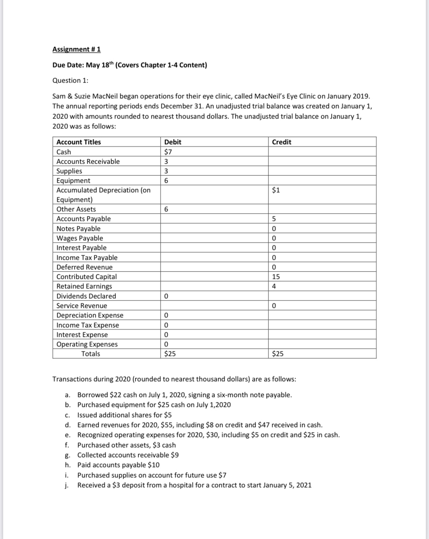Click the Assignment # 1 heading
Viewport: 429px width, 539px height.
76,49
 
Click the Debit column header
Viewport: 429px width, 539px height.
173,142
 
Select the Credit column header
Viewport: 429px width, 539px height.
282,142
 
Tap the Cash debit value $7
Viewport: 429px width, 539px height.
168,152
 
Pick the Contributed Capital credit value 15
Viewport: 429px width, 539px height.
276,277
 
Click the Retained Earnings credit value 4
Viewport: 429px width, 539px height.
274,286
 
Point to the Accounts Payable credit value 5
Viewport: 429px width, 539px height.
274,219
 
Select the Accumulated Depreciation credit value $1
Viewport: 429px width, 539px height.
276,190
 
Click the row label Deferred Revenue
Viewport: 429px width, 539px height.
84,267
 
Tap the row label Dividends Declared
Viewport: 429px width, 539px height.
86,296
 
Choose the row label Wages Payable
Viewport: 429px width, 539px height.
80,238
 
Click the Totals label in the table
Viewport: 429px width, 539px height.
91,354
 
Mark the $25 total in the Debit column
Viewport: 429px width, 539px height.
170,354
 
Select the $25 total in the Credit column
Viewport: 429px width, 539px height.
278,354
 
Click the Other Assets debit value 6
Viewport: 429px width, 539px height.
166,209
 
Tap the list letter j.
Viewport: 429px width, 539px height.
67,485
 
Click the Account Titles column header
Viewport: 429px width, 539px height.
78,142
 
